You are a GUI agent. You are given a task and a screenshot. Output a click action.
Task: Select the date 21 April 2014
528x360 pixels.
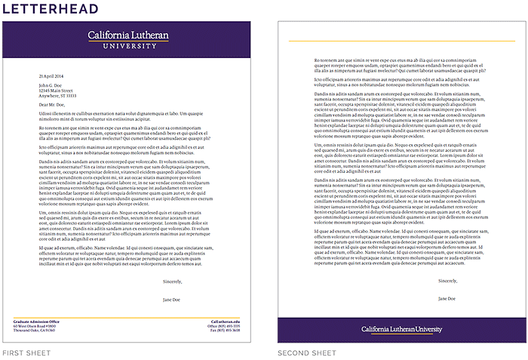coord(51,77)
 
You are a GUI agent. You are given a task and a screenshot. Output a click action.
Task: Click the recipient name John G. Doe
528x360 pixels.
coord(51,86)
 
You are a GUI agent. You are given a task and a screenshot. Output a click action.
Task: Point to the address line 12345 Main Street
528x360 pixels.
coord(55,91)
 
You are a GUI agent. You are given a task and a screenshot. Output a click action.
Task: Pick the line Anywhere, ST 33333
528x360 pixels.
coord(57,96)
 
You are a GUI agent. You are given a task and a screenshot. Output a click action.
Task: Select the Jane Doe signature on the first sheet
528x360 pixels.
coord(171,299)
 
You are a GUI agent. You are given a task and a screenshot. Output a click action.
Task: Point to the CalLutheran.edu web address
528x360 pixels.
coord(225,322)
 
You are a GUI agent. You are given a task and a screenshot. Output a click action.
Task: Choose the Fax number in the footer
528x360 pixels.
coord(225,331)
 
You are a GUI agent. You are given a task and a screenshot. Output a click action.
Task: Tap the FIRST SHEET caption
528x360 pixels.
coord(25,353)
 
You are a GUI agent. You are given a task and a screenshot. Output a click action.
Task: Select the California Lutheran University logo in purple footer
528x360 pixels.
coord(401,329)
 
